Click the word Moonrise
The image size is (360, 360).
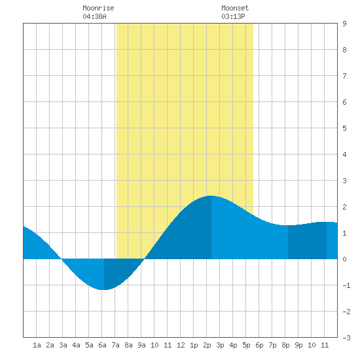point(98,8)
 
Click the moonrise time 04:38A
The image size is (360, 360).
point(95,16)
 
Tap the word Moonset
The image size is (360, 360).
point(235,8)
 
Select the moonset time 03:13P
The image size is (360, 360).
point(233,16)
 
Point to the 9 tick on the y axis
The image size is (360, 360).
point(344,24)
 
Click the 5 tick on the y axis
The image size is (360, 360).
point(344,128)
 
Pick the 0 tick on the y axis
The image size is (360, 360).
point(344,259)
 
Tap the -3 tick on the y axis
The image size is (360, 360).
point(346,338)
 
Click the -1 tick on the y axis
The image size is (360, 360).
point(346,285)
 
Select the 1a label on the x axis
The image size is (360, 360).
point(37,345)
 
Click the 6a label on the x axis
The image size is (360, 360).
point(102,345)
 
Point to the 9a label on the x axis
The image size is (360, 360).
point(141,345)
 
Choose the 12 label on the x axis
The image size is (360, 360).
point(181,345)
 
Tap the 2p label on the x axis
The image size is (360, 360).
point(207,345)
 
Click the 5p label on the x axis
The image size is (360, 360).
point(246,345)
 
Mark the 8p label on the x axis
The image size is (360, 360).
point(285,345)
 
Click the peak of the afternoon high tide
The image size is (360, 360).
point(211,196)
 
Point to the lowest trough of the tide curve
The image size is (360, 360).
point(104,290)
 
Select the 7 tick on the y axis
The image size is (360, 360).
point(344,76)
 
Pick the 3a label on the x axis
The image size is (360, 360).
point(63,345)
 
